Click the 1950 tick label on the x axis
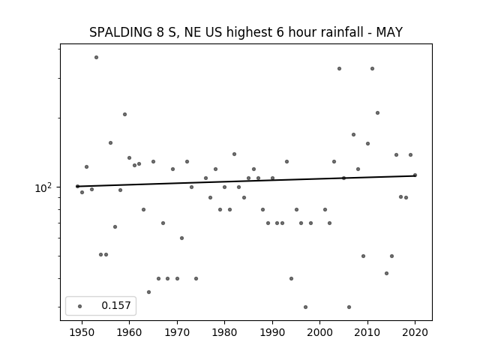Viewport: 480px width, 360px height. coord(82,333)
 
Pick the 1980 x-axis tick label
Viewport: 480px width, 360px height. coord(224,333)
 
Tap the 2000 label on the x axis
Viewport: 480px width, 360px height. coord(320,333)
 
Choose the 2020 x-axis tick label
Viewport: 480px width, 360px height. coord(415,333)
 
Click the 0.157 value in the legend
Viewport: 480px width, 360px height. coord(116,305)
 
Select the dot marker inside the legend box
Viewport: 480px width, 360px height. coord(80,306)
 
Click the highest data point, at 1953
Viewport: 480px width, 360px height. coord(97,57)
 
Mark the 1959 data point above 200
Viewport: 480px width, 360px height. coord(125,115)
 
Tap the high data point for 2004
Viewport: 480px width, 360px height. coord(339,68)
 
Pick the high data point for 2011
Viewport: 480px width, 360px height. coord(372,68)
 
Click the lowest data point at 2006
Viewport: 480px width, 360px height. coord(349,307)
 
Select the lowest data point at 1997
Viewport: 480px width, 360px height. coord(305,307)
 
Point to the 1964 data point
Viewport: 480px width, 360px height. coord(148,292)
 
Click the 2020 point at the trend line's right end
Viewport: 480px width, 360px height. coord(415,175)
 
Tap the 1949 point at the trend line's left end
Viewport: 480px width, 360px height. coord(77,186)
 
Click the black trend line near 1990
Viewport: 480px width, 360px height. coord(272,180)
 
